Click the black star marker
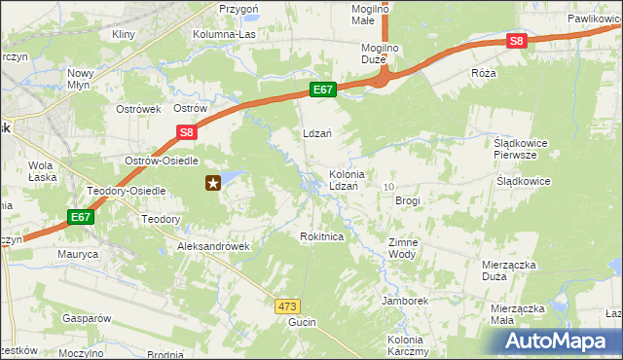[214, 182]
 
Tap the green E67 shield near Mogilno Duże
[324, 90]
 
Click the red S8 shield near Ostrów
[187, 133]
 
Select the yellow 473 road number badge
[286, 306]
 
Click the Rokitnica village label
[322, 236]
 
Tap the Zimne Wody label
[402, 248]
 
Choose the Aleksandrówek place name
[213, 246]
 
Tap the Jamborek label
[405, 301]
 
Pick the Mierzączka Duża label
[507, 270]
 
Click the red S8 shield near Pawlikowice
[516, 41]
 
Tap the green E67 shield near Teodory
[82, 217]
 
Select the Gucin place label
[302, 321]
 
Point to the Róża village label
[483, 73]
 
